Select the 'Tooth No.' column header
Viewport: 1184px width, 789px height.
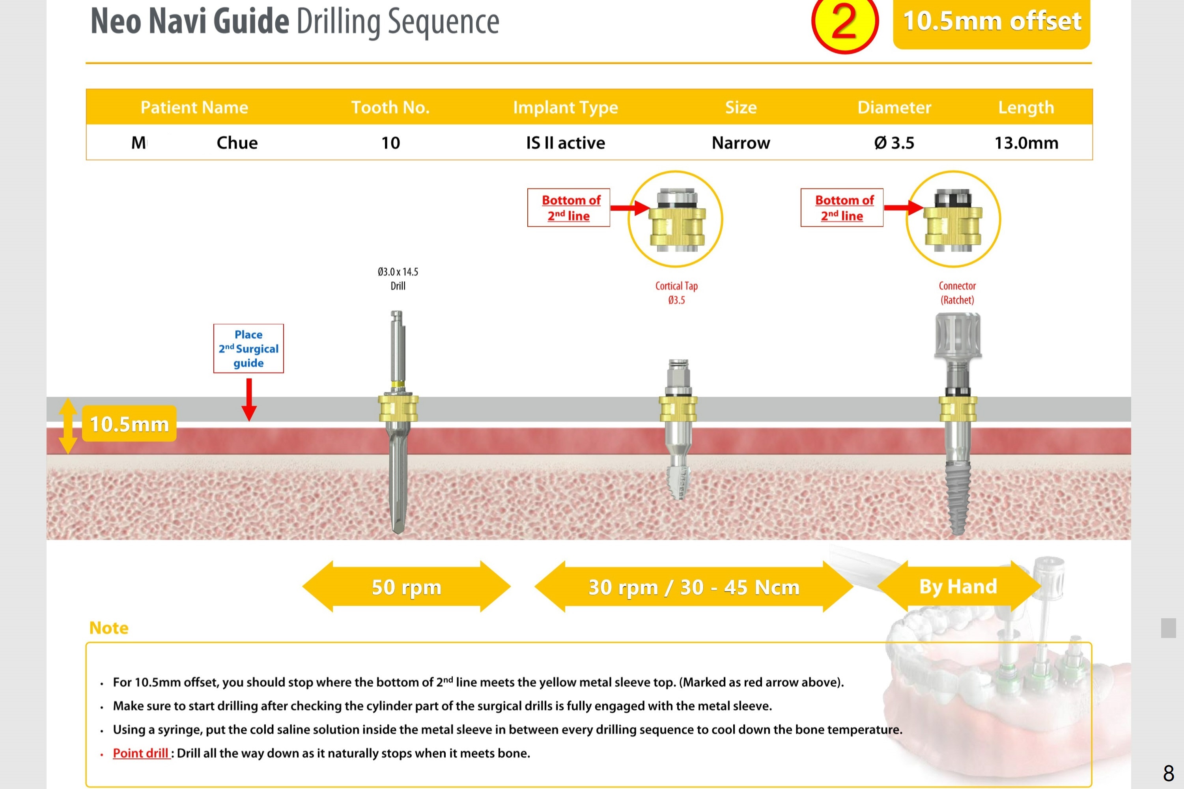click(390, 107)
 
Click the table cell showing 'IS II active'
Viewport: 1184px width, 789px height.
click(566, 143)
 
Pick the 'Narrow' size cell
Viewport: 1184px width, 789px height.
click(741, 143)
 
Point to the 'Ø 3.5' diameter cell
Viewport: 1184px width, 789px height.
click(894, 143)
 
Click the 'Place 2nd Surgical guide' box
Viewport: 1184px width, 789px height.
click(248, 349)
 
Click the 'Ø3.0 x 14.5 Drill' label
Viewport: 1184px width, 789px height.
click(398, 279)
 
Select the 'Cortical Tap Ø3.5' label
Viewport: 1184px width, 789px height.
click(676, 293)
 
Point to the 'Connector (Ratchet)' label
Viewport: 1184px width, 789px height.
click(957, 293)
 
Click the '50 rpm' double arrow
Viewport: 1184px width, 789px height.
click(407, 587)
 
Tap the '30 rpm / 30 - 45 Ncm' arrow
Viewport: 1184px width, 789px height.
click(693, 587)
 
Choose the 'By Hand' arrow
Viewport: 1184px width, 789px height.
click(958, 586)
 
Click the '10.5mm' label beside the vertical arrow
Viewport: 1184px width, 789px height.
click(129, 424)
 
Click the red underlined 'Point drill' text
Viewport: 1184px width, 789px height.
click(140, 753)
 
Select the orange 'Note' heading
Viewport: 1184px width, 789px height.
click(109, 628)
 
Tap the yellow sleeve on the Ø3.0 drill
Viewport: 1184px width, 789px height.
click(398, 408)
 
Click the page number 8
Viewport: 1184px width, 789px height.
click(1168, 773)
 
